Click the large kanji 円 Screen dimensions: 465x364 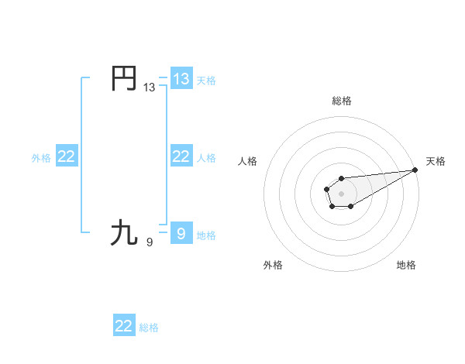tap(125, 78)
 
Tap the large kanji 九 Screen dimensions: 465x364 tap(125, 232)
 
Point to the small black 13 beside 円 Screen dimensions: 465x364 tap(149, 88)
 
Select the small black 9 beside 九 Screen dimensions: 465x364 tap(150, 242)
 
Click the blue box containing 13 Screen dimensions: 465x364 tap(181, 78)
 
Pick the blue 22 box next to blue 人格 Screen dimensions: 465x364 tap(181, 156)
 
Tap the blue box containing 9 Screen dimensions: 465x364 tap(181, 232)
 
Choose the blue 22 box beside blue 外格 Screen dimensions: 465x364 tap(67, 156)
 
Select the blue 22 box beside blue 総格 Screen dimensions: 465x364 tap(124, 326)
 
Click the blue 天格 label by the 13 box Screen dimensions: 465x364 tap(206, 80)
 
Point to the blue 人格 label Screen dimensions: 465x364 tap(206, 158)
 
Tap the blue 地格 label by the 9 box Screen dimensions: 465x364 tap(206, 235)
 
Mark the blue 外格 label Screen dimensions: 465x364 tap(41, 158)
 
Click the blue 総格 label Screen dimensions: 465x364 tap(149, 328)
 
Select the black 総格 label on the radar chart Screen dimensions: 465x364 tap(341, 101)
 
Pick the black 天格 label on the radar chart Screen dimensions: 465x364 tap(436, 161)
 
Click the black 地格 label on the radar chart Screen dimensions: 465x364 tap(406, 266)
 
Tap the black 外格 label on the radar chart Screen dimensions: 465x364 tap(273, 266)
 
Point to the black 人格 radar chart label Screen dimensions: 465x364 tap(248, 161)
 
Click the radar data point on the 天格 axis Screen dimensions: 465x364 tap(415, 170)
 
